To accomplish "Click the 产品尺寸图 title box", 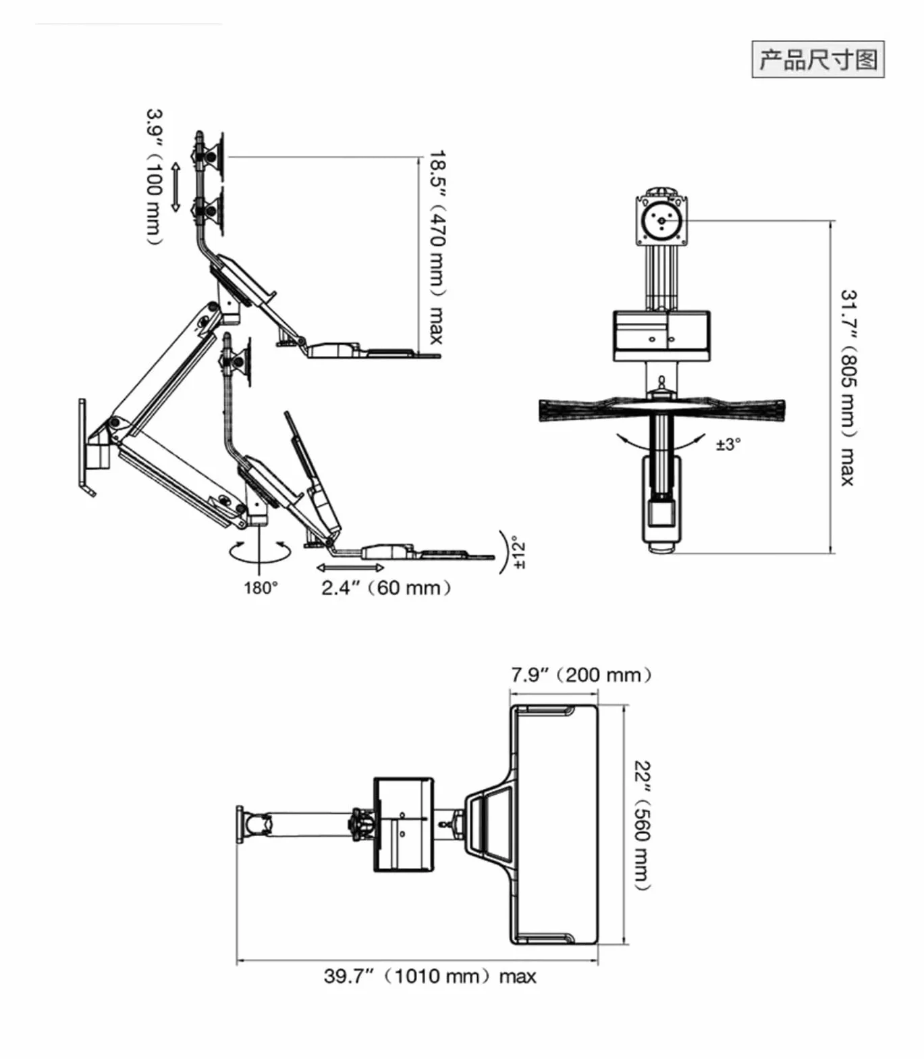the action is tap(818, 59).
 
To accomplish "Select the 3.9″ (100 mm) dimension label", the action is tap(155, 177).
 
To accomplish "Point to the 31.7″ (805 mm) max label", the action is tap(848, 387).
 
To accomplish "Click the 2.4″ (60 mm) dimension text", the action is tap(385, 588).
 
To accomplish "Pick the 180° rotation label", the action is tap(261, 588).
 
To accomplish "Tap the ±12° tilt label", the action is tap(518, 553).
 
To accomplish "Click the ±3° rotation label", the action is tap(728, 444).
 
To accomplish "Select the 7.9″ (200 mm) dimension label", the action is tap(581, 675).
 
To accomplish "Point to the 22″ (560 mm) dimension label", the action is tap(643, 825).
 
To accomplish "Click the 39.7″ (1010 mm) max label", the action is tap(430, 976).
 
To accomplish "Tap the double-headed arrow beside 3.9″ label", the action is tap(175, 187).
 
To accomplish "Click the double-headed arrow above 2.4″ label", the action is tap(350, 567).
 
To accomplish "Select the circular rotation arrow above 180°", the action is tap(260, 552).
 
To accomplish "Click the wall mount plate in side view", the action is tap(84, 446).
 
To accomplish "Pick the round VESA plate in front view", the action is tap(661, 219).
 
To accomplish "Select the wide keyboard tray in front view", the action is tap(661, 408).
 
